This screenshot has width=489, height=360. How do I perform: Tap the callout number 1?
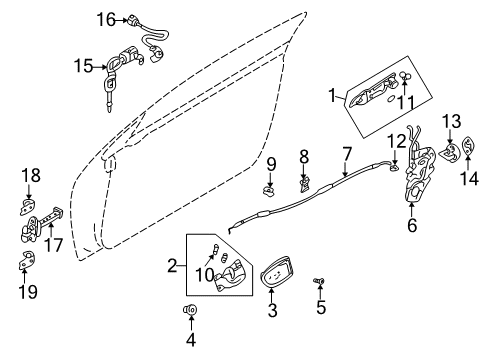[x=331, y=95]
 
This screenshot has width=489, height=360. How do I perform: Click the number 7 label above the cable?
[x=346, y=154]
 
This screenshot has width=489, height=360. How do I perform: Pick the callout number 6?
[x=411, y=227]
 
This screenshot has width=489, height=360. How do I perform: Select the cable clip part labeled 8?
[x=303, y=183]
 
